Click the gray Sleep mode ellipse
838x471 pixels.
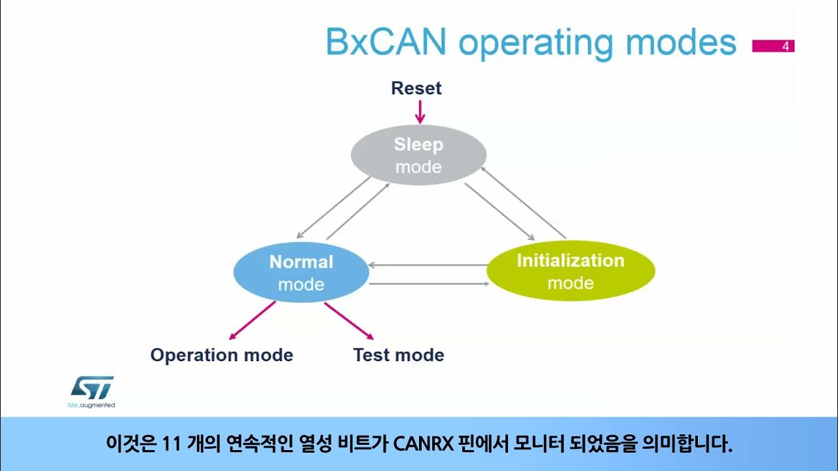point(418,155)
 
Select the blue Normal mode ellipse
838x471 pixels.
point(301,273)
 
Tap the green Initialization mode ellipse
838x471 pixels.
point(570,271)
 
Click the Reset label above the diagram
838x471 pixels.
point(416,88)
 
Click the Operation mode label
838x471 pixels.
point(221,355)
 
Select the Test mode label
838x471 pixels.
point(398,355)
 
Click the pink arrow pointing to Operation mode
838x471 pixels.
point(251,321)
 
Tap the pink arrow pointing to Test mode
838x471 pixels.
point(348,321)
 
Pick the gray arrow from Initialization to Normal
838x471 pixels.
point(429,265)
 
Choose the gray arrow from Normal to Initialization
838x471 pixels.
point(429,284)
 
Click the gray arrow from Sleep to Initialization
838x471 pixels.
point(499,211)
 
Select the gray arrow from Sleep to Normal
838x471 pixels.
point(335,206)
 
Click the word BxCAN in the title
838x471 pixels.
point(386,43)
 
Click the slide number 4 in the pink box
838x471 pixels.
point(785,46)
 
